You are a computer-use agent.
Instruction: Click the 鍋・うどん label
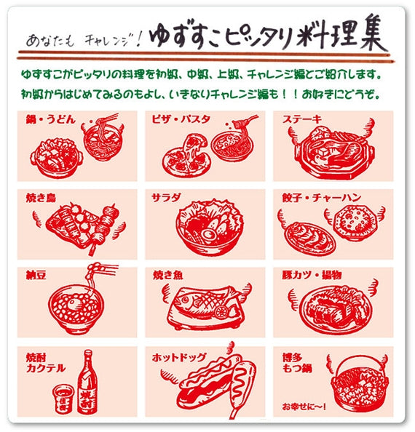point(50,120)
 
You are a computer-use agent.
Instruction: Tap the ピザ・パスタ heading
point(181,119)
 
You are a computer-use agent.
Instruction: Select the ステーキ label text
point(302,119)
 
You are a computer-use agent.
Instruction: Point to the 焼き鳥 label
point(41,198)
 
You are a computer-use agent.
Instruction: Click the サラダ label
point(166,198)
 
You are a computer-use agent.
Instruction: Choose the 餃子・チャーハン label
point(322,198)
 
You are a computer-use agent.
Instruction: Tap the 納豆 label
point(36,275)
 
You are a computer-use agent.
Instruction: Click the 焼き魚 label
point(168,275)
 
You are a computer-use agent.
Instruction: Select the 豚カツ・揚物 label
point(312,275)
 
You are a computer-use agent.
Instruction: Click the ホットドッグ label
point(179,357)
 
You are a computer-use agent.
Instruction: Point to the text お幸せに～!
point(304,407)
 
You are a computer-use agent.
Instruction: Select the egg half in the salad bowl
point(209,235)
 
